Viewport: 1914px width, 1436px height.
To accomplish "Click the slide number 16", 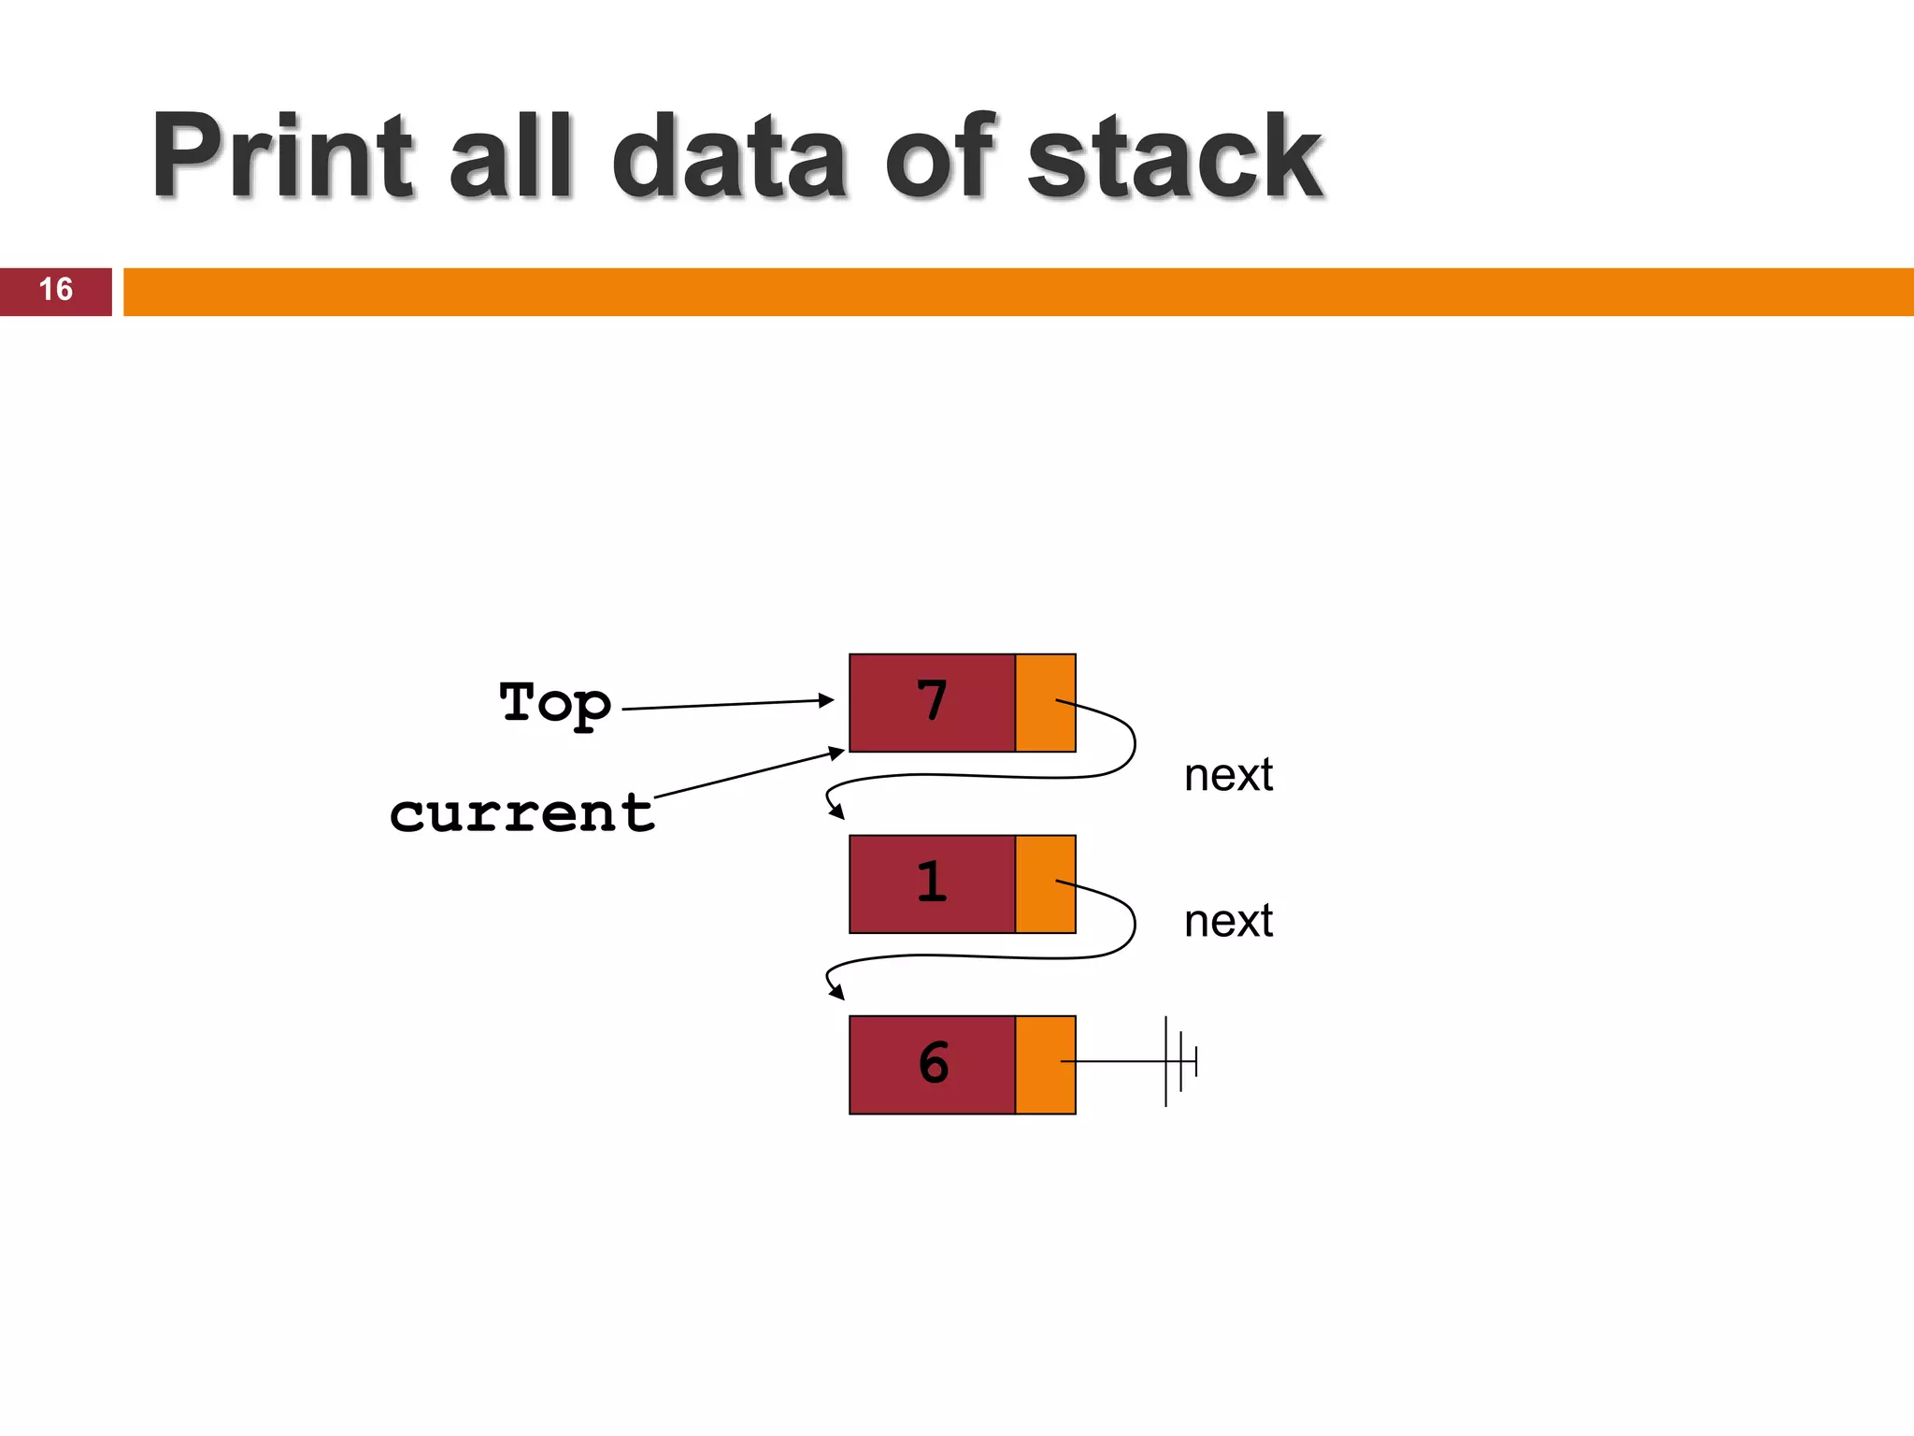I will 55,290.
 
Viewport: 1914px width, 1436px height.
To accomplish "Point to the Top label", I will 555,703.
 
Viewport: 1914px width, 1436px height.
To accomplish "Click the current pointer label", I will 521,813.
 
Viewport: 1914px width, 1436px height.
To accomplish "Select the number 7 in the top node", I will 932,701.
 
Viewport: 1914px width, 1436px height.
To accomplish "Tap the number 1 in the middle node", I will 932,883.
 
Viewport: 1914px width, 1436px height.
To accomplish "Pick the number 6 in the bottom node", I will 933,1063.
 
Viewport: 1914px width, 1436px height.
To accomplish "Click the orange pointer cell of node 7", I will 1045,703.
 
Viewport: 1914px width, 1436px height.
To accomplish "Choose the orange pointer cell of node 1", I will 1045,884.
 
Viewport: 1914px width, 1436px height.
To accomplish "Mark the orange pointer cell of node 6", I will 1045,1065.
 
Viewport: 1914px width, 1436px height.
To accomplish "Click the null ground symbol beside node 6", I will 1179,1062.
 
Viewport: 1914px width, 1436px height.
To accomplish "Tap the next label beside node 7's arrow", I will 1228,775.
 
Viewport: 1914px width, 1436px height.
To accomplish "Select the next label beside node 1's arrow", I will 1228,922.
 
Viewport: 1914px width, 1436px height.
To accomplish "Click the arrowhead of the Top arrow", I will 826,699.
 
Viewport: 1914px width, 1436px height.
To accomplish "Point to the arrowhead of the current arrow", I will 837,753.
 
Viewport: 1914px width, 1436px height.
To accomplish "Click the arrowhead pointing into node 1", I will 836,812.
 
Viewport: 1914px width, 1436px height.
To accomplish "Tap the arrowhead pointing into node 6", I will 836,993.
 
